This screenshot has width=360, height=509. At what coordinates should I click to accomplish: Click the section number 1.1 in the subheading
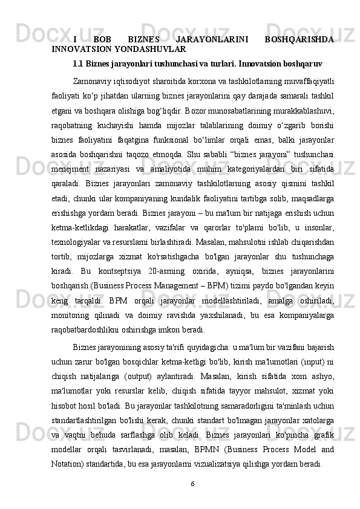click(x=78, y=62)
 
